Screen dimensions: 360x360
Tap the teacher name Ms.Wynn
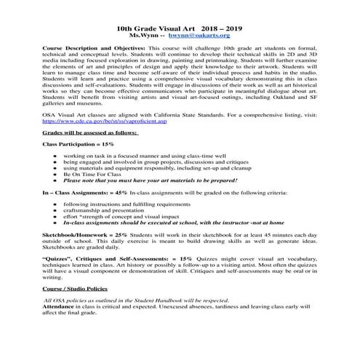tap(145, 33)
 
